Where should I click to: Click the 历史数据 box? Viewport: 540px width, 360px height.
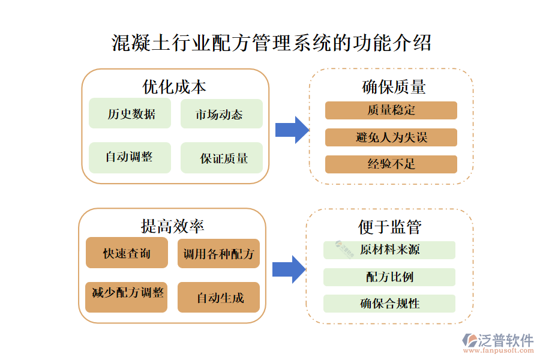point(130,114)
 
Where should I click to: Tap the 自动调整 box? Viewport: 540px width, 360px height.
point(130,158)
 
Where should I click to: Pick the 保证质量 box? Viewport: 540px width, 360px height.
point(221,158)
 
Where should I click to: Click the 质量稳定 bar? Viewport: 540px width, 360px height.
point(391,110)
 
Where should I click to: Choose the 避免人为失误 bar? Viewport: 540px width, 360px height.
point(391,137)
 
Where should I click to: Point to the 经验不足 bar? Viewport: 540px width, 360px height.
point(391,164)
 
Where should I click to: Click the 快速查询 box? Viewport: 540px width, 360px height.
point(127,253)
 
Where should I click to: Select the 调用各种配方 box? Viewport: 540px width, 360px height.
point(218,253)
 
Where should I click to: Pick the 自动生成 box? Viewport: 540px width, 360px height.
point(218,297)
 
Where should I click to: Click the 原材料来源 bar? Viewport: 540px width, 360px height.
point(389,250)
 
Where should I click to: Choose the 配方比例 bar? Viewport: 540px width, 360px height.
point(389,277)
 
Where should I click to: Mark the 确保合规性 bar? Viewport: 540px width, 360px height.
point(389,304)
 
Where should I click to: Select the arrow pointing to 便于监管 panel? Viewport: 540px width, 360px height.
point(289,269)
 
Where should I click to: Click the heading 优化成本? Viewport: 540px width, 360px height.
point(174,87)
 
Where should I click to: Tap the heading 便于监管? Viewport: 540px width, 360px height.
point(390,227)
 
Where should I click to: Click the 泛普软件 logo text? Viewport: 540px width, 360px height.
point(505,341)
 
